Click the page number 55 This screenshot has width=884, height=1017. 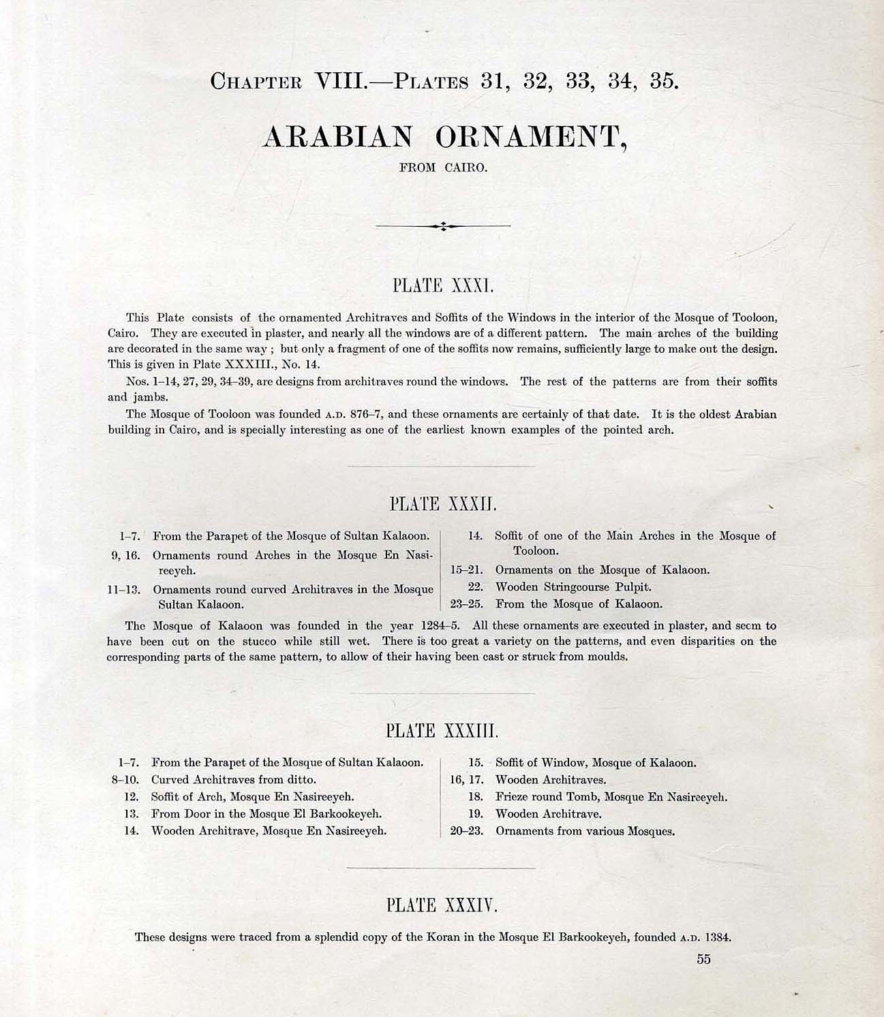[703, 959]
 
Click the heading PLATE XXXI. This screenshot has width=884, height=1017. [442, 285]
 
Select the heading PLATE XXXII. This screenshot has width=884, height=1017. [442, 505]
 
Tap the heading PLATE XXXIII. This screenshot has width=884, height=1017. [442, 732]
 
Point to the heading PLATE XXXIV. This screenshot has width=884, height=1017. [442, 905]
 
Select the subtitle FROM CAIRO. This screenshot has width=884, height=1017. [443, 168]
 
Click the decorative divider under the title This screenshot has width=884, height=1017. [443, 225]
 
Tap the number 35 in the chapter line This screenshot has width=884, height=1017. [662, 81]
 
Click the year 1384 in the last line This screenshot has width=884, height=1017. [718, 937]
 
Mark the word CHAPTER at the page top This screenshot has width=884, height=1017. [256, 82]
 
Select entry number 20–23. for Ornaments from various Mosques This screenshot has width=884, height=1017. [466, 831]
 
